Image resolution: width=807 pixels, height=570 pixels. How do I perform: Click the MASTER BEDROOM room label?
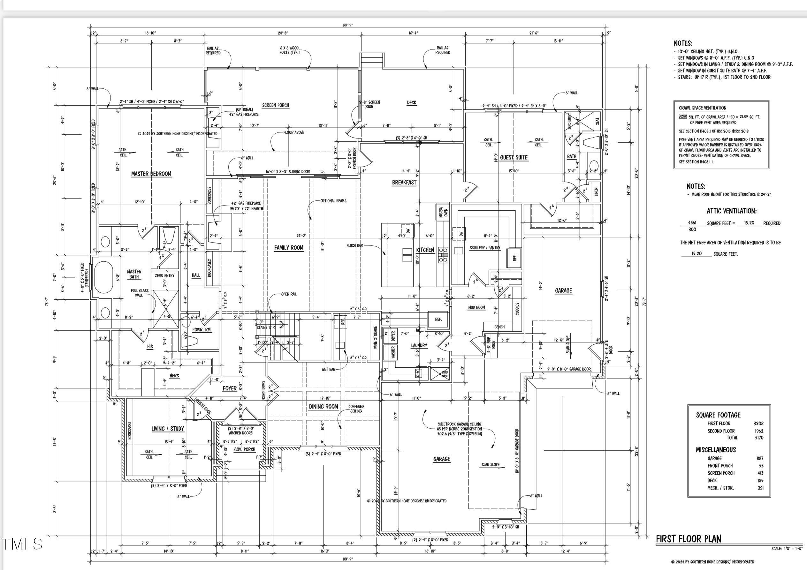tap(151, 174)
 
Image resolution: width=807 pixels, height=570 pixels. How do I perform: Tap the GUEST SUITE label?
tap(514, 157)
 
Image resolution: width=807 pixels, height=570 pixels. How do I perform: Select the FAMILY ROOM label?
tap(289, 248)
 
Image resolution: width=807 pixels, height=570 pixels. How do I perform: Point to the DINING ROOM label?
tap(324, 407)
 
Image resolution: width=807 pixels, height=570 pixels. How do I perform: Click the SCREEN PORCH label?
tap(276, 105)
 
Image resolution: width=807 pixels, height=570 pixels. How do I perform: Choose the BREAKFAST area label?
tap(404, 183)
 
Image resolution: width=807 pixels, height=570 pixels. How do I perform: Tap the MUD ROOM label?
tap(476, 307)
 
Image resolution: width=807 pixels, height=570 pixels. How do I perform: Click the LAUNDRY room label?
tap(419, 346)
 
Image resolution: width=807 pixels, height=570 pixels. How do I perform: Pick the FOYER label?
tap(230, 388)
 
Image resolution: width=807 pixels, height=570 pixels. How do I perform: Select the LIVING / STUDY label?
tap(168, 429)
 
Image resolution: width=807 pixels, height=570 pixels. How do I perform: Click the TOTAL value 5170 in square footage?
tap(759, 438)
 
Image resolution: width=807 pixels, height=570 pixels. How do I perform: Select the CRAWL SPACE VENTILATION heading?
tap(703, 108)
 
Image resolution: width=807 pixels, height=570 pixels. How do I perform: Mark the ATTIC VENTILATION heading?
tap(731, 211)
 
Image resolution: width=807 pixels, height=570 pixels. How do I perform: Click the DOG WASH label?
tap(445, 374)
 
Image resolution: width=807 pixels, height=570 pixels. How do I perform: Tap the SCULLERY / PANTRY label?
tap(485, 248)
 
